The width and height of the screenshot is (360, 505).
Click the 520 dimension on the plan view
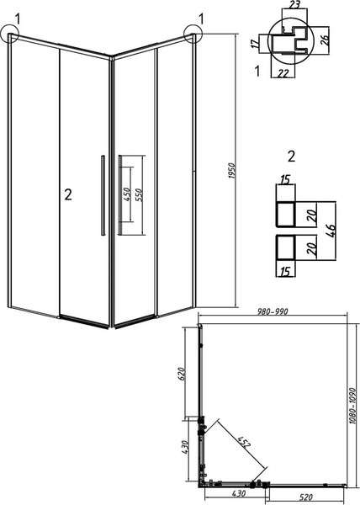[307, 497]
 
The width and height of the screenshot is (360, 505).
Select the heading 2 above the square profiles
[291, 157]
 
